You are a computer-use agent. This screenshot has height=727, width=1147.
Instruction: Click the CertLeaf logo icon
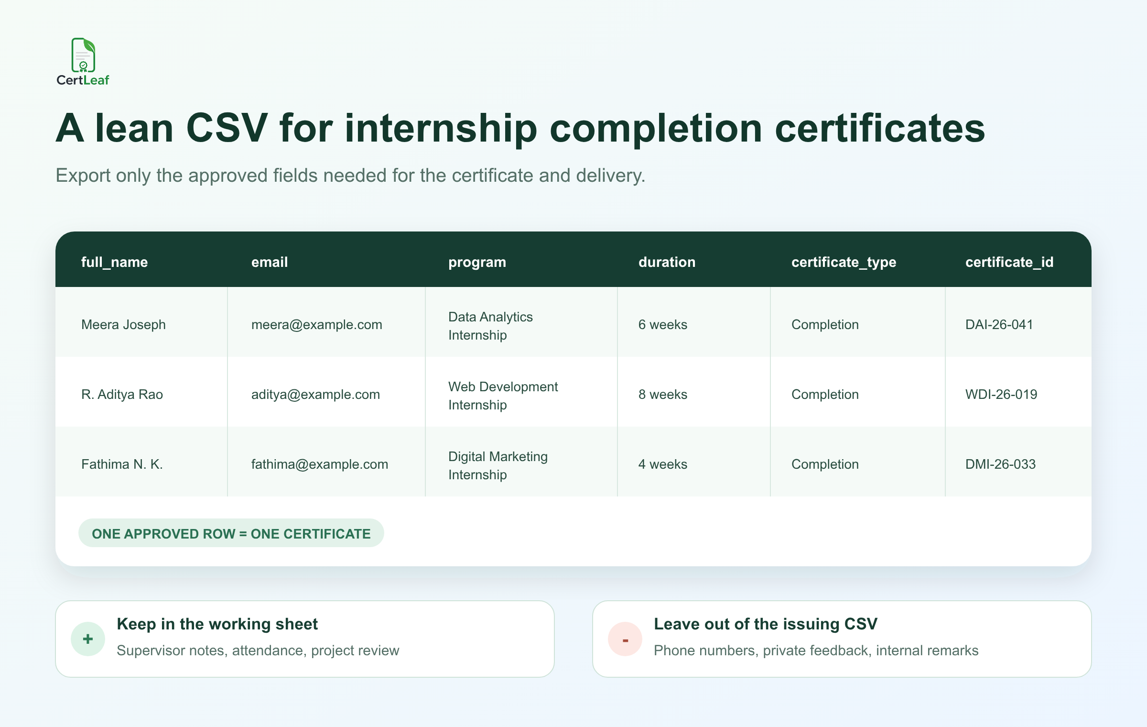click(83, 55)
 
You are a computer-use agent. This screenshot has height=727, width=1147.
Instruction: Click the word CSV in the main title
click(227, 128)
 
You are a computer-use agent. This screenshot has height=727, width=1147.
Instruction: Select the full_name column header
click(115, 262)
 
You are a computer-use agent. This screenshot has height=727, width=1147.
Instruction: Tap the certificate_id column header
click(1009, 262)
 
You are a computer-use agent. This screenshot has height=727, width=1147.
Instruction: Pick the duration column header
click(667, 262)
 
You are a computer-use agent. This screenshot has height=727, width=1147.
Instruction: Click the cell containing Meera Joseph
click(123, 324)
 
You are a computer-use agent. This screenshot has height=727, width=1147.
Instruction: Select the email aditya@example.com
click(315, 395)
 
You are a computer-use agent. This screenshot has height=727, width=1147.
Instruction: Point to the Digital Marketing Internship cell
click(498, 465)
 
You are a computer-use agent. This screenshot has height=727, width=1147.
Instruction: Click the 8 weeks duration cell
click(663, 395)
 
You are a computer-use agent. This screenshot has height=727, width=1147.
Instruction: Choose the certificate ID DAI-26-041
click(999, 325)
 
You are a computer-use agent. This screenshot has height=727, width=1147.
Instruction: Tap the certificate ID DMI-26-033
click(1000, 464)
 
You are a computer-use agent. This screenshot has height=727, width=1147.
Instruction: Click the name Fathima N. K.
click(122, 464)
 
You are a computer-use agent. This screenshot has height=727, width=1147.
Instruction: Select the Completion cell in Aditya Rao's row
click(825, 395)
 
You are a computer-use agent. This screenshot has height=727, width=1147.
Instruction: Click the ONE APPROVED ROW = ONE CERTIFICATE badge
click(231, 533)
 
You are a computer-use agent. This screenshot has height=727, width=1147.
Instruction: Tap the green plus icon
click(88, 639)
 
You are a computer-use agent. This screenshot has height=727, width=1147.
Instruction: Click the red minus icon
click(625, 639)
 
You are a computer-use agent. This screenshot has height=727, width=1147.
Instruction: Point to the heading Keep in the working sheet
click(217, 624)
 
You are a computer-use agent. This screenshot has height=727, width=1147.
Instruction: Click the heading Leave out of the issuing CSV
click(766, 624)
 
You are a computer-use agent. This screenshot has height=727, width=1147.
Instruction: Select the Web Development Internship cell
click(503, 396)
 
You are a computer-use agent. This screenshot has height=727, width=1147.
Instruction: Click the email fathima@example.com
click(320, 464)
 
